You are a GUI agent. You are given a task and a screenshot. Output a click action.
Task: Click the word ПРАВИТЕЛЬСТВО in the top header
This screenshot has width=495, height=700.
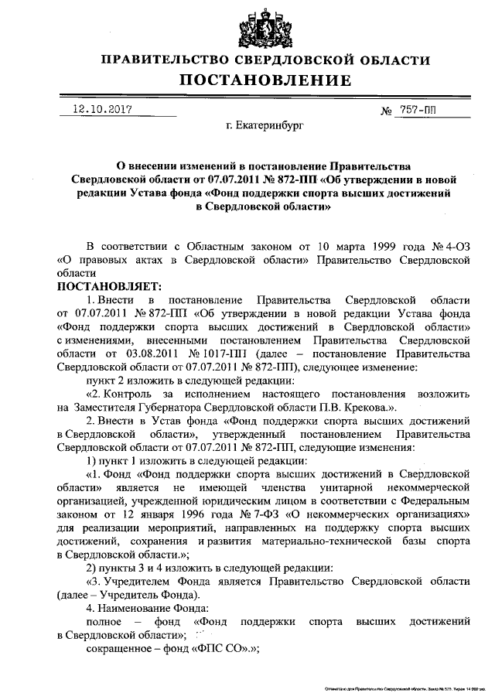point(176,60)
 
